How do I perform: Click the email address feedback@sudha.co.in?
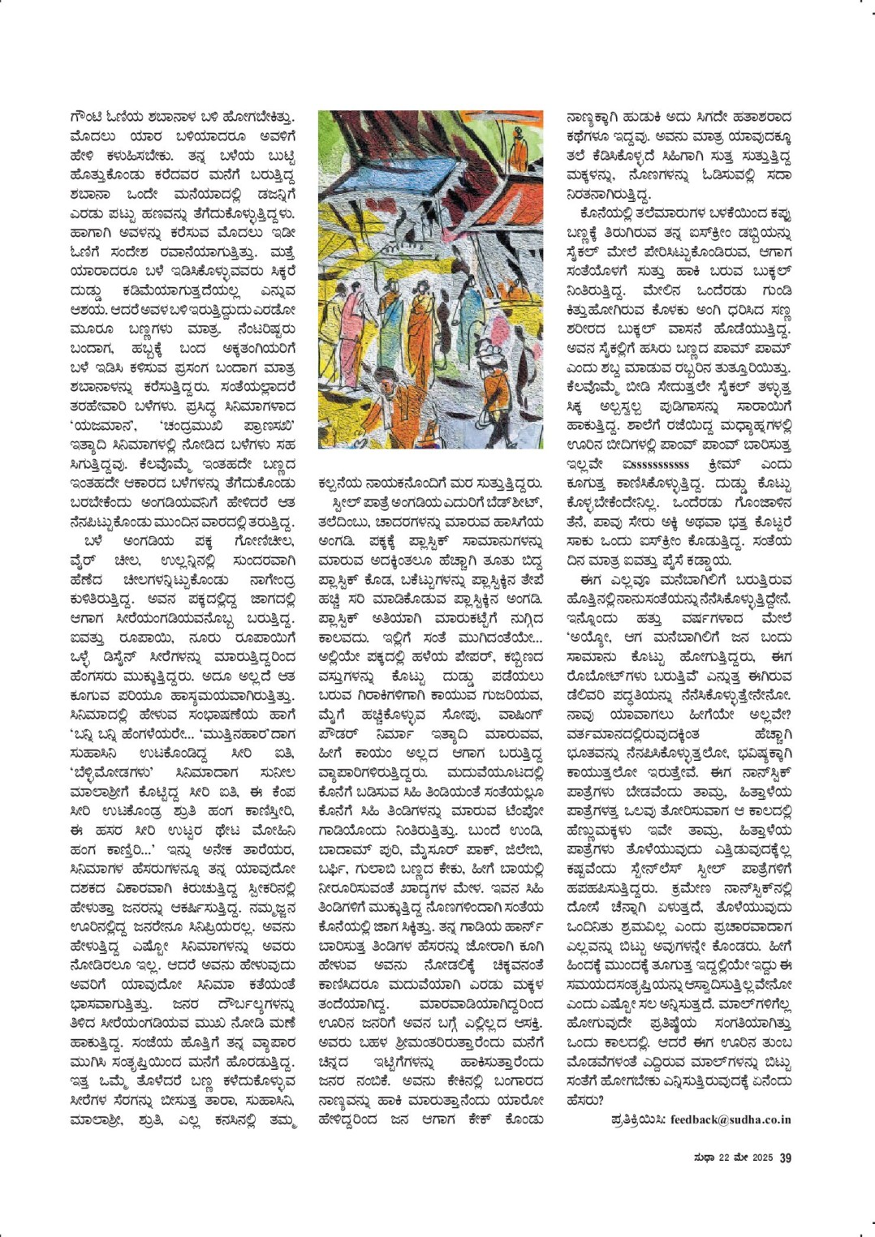pyautogui.click(x=731, y=1119)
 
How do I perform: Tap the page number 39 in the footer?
pyautogui.click(x=785, y=1158)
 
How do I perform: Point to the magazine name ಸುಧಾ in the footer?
pyautogui.click(x=703, y=1158)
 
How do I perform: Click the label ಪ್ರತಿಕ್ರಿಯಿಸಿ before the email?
pyautogui.click(x=638, y=1119)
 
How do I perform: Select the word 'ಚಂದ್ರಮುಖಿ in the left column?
pyautogui.click(x=182, y=425)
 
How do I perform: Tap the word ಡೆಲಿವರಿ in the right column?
pyautogui.click(x=588, y=696)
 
